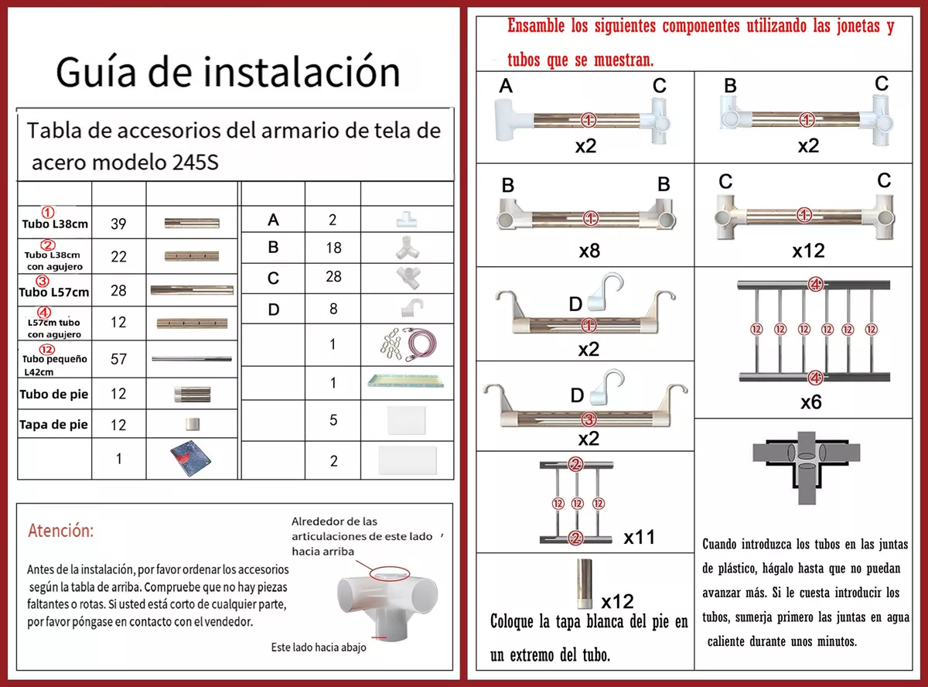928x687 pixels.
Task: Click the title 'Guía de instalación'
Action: click(x=228, y=72)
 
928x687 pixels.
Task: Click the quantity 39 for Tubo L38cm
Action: click(x=118, y=224)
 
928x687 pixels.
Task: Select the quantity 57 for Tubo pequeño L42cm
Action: click(x=118, y=360)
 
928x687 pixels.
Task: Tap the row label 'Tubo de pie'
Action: click(x=54, y=395)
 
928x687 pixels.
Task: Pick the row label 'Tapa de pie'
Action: click(x=54, y=425)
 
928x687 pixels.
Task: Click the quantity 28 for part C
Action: click(x=333, y=277)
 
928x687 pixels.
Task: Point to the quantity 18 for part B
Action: click(x=333, y=248)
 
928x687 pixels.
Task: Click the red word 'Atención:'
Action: click(x=60, y=531)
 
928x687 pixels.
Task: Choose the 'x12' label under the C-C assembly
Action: click(x=808, y=251)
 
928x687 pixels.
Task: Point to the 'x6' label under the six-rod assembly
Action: click(x=811, y=402)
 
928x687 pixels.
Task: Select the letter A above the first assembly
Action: click(x=506, y=87)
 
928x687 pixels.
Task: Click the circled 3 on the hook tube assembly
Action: click(x=588, y=420)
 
